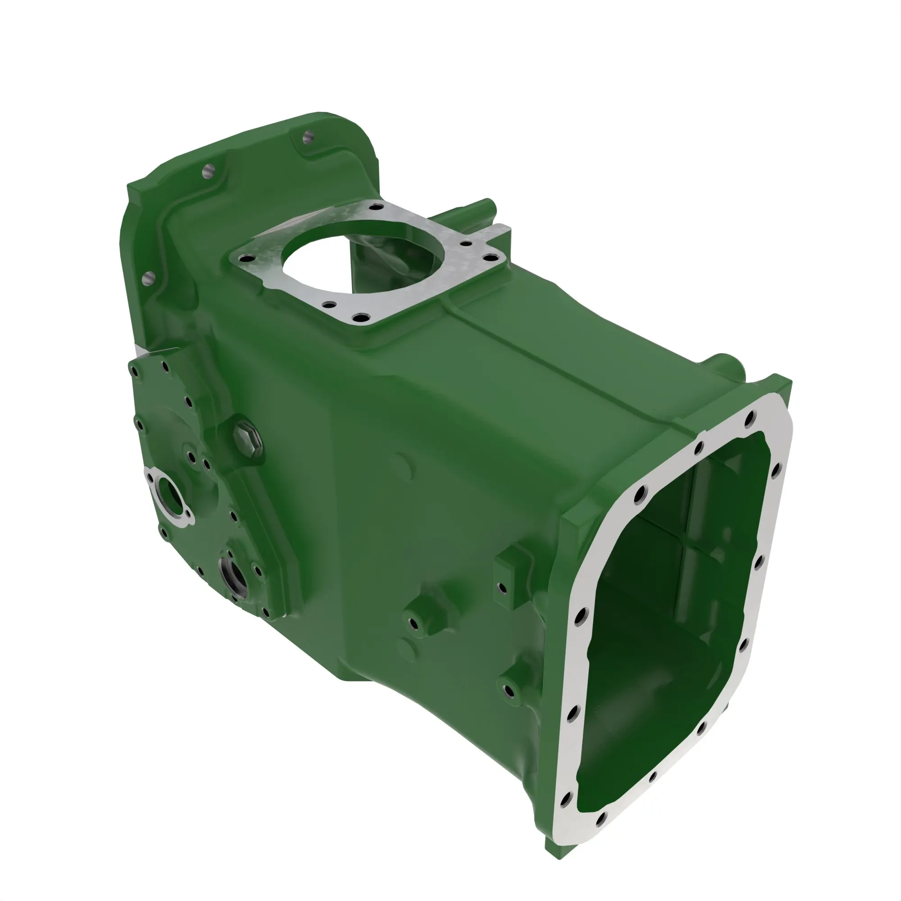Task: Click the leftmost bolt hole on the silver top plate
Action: [x=246, y=258]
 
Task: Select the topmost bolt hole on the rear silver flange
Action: [x=750, y=419]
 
